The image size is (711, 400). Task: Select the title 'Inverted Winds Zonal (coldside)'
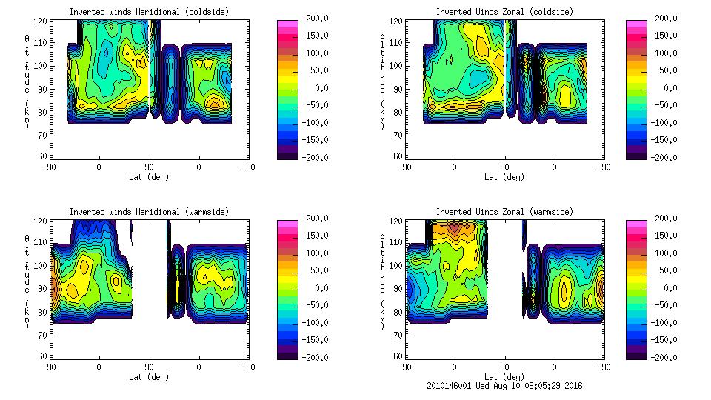tap(504, 12)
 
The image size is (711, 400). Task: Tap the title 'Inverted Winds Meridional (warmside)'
tap(149, 212)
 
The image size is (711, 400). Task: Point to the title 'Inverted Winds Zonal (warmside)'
tap(504, 212)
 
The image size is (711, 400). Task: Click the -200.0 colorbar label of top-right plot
tap(664, 157)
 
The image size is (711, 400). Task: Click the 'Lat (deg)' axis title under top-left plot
tap(149, 177)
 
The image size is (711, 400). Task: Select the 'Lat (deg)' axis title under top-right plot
tap(504, 177)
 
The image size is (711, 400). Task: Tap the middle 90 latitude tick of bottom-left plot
tap(149, 367)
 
